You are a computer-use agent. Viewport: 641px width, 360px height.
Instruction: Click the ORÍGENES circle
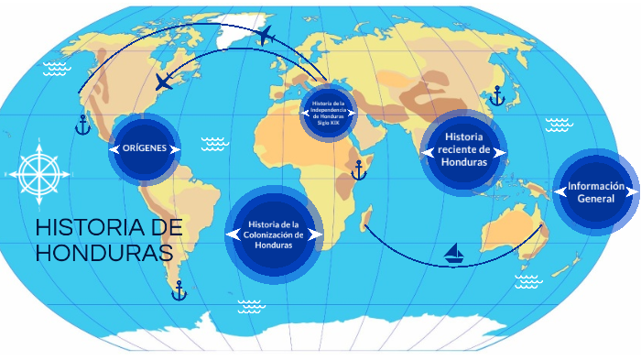144,148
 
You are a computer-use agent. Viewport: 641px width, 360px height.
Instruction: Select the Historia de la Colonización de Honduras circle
274,235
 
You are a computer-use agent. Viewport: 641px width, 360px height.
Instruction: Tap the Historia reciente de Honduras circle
463,151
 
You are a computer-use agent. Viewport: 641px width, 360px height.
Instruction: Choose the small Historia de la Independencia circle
328,113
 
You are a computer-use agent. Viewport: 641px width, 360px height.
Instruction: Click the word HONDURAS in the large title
103,252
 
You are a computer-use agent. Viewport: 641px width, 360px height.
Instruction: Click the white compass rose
37,170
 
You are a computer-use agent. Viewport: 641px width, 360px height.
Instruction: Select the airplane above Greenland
266,36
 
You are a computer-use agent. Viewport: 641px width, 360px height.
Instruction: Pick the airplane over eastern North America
164,82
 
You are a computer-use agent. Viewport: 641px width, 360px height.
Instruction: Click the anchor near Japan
497,95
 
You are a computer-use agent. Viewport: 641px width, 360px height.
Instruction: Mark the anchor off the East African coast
358,169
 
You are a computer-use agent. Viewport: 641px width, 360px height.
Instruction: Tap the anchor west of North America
82,125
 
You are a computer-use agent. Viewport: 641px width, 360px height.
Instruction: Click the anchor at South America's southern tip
179,290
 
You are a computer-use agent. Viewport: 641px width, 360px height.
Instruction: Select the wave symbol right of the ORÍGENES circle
214,143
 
